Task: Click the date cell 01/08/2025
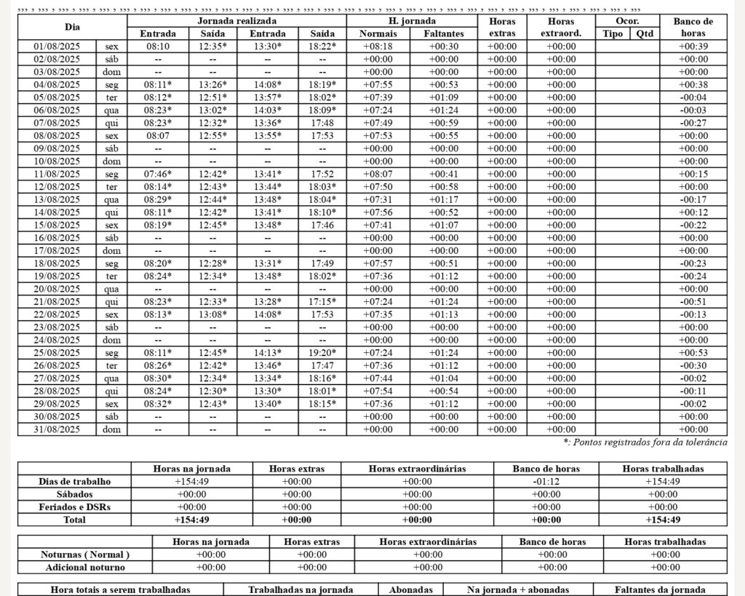(57, 47)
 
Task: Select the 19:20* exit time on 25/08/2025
(322, 353)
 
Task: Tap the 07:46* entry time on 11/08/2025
(158, 174)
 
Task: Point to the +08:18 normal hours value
(378, 47)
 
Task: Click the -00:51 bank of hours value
(693, 302)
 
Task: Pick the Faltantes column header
(444, 33)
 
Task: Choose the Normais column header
(378, 33)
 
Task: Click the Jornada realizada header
(236, 21)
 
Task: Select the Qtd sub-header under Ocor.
(645, 33)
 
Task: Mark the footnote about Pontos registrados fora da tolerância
(645, 442)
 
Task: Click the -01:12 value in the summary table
(546, 482)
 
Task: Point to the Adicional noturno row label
(85, 568)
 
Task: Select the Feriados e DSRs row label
(74, 507)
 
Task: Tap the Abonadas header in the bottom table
(411, 590)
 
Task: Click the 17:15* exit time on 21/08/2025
(322, 302)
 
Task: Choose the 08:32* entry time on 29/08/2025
(158, 404)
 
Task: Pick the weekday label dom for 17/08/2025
(111, 251)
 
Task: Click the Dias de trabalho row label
(74, 482)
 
